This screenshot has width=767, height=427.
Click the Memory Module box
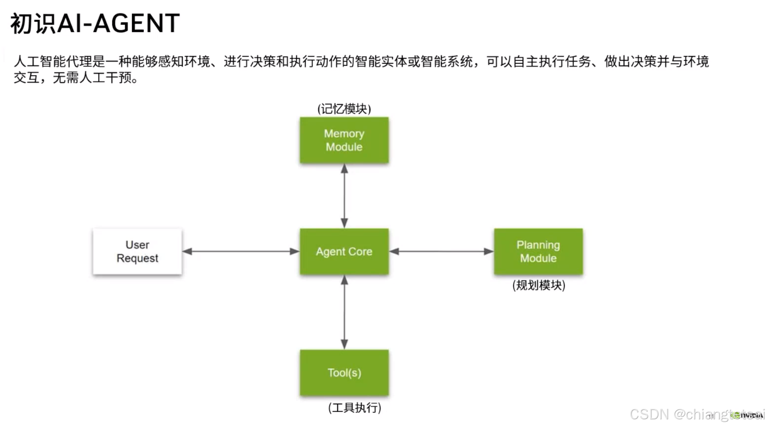tap(344, 140)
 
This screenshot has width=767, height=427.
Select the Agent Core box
tap(344, 251)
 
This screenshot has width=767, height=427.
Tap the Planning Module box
tap(538, 251)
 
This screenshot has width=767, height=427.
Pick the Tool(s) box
tap(344, 373)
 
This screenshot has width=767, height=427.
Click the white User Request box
tap(137, 251)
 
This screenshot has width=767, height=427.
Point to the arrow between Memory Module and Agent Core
tap(344, 196)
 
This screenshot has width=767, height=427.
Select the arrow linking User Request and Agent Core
tap(241, 251)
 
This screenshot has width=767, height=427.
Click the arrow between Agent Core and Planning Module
tap(441, 251)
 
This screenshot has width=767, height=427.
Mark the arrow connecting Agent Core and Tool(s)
tap(344, 312)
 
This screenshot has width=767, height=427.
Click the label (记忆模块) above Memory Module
tap(344, 109)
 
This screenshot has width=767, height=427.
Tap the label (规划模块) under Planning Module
tap(539, 285)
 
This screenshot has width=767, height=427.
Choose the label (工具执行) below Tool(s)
tap(354, 408)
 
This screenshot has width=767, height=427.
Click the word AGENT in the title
tap(136, 23)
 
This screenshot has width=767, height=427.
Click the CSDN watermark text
tap(649, 414)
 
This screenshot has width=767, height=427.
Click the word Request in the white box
tap(137, 258)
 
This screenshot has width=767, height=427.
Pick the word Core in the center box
tap(360, 252)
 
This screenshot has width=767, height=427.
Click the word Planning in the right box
tap(538, 245)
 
